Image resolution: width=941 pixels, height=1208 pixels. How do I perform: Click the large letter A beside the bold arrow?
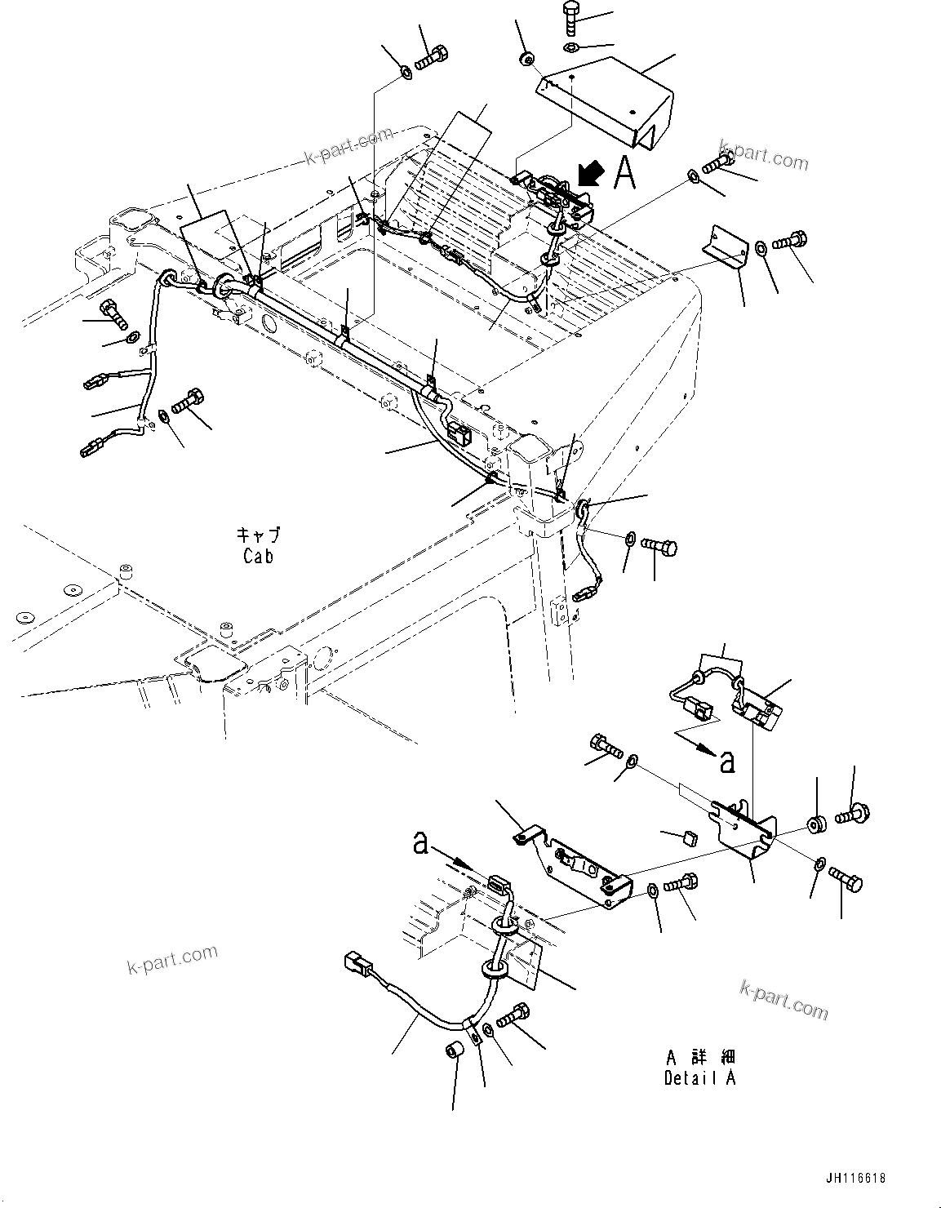point(624,173)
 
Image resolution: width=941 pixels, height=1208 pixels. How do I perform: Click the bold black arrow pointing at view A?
point(589,173)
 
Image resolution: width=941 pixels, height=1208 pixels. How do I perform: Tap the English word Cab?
point(258,556)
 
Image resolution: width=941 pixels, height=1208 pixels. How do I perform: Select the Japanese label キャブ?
point(258,535)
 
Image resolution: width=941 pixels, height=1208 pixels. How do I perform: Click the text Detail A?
point(699,1077)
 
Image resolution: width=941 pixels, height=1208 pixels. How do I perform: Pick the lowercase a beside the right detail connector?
point(726,761)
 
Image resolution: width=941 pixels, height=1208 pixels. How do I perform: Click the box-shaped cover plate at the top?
point(608,102)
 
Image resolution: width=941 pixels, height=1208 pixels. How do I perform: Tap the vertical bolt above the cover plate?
point(571,19)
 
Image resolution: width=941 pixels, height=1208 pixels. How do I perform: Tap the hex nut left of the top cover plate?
point(527,58)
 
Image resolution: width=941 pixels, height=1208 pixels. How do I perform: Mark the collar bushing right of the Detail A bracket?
point(817,824)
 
